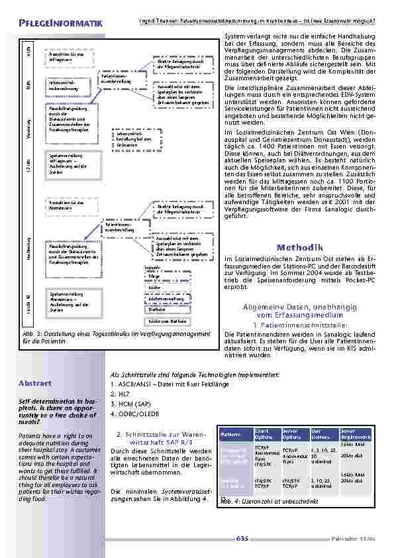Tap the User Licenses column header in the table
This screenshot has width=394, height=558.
[x=322, y=434]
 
